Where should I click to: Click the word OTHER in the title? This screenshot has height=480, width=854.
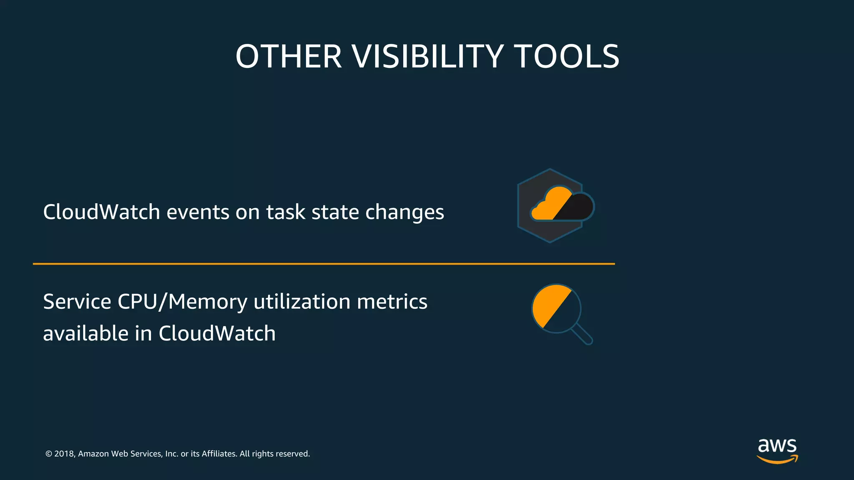289,57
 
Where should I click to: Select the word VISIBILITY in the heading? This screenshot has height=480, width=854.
428,57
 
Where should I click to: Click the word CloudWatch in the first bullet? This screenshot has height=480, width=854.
101,212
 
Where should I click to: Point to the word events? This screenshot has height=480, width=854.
198,212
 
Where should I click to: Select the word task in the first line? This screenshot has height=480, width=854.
286,212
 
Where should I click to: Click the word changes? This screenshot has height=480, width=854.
404,212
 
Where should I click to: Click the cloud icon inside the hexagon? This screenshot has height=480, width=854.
562,205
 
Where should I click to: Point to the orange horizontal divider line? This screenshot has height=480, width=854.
324,264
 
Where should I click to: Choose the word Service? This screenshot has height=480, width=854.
77,301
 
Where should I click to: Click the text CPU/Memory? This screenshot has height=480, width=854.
182,302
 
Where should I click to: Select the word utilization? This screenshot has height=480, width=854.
302,301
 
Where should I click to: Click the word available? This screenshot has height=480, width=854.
85,333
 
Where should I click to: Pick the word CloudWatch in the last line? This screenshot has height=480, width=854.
217,333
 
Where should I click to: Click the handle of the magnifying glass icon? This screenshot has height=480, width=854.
582,335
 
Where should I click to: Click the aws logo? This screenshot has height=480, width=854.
777,450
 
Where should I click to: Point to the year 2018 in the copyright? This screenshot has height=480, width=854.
64,454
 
